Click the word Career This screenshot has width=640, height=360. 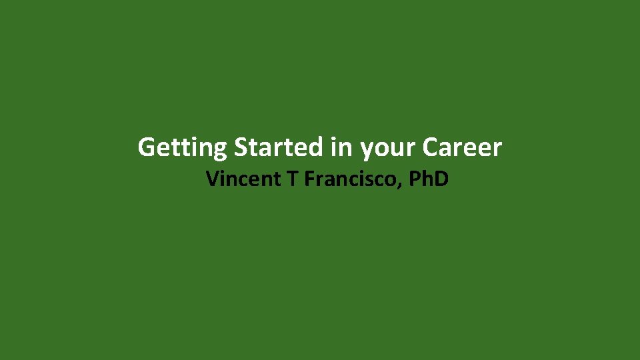(462, 147)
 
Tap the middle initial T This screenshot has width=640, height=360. (292, 179)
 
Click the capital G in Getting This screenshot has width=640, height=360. (146, 147)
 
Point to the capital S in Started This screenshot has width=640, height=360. (241, 147)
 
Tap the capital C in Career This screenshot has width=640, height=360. (430, 147)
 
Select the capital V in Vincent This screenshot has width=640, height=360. (213, 179)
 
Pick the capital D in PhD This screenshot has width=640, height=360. (441, 179)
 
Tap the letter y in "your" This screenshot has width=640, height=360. (367, 150)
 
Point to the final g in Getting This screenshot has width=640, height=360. (221, 150)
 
